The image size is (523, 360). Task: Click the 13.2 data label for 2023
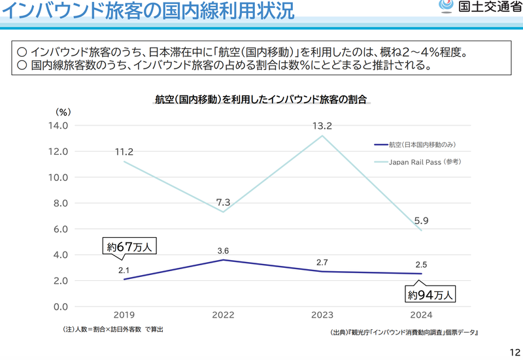click(x=322, y=126)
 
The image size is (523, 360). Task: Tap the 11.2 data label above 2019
click(x=124, y=152)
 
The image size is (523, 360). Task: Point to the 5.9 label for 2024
click(x=422, y=221)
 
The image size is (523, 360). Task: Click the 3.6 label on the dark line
click(x=223, y=251)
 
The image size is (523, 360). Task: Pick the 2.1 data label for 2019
click(x=124, y=270)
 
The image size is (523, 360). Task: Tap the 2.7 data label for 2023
click(x=322, y=263)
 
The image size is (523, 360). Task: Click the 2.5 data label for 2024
click(x=421, y=265)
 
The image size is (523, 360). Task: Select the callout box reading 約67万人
click(x=131, y=248)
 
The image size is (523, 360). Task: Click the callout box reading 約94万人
click(x=430, y=295)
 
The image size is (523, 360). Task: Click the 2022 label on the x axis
click(x=223, y=315)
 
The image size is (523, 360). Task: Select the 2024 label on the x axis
click(x=421, y=315)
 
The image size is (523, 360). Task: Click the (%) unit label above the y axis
click(x=63, y=112)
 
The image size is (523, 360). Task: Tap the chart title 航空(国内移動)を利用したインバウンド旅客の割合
click(x=261, y=100)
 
